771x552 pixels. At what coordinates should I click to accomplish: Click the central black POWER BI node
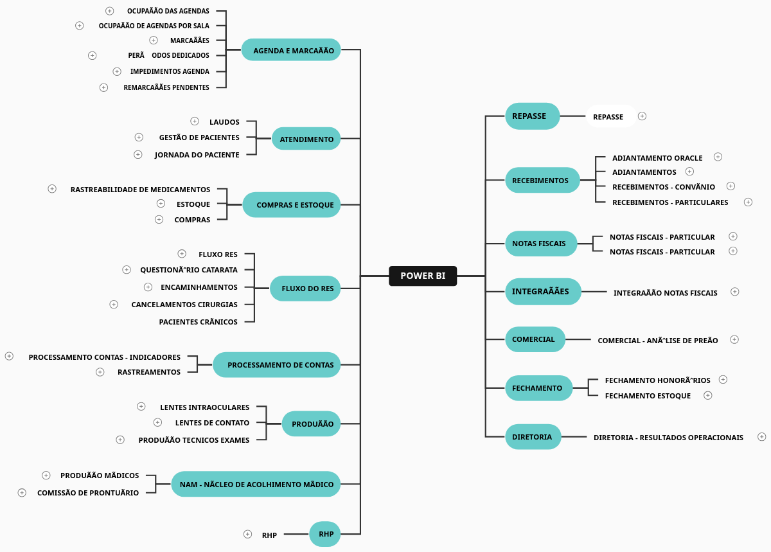pyautogui.click(x=423, y=276)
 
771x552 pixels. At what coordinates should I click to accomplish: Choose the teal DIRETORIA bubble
pyautogui.click(x=533, y=437)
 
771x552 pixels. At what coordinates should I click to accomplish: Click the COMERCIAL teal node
pyautogui.click(x=535, y=339)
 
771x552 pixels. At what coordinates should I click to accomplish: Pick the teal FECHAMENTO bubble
pyautogui.click(x=538, y=388)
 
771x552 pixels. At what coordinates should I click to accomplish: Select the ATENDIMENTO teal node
pyautogui.click(x=306, y=139)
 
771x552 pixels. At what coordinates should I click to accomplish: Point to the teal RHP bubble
pyautogui.click(x=325, y=534)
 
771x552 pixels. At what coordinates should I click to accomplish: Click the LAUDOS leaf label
pyautogui.click(x=224, y=122)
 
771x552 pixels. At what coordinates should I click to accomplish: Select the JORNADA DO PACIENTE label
pyautogui.click(x=197, y=155)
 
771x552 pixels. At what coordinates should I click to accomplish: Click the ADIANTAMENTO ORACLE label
pyautogui.click(x=657, y=158)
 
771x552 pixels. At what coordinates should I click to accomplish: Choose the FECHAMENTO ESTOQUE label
pyautogui.click(x=648, y=396)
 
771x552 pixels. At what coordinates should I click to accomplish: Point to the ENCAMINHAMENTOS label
pyautogui.click(x=199, y=287)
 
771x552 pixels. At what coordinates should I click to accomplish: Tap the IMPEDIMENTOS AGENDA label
pyautogui.click(x=170, y=71)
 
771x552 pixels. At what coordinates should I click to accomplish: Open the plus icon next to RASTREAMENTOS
pyautogui.click(x=100, y=372)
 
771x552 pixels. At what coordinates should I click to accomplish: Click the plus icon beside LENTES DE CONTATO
pyautogui.click(x=158, y=422)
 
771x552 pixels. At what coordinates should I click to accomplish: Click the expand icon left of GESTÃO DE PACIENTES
pyautogui.click(x=139, y=137)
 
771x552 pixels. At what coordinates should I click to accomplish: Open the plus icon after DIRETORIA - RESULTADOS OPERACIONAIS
pyautogui.click(x=762, y=437)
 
